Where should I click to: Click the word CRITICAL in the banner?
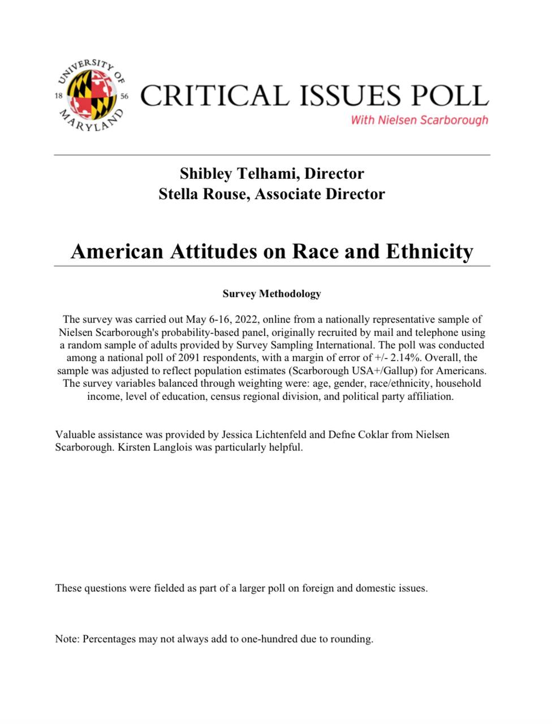pos(214,96)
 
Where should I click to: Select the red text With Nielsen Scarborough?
pos(419,120)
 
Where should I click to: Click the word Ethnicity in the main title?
pos(429,251)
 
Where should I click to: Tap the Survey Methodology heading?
pos(271,294)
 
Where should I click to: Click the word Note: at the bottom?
pos(67,639)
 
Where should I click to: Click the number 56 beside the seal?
pos(124,96)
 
